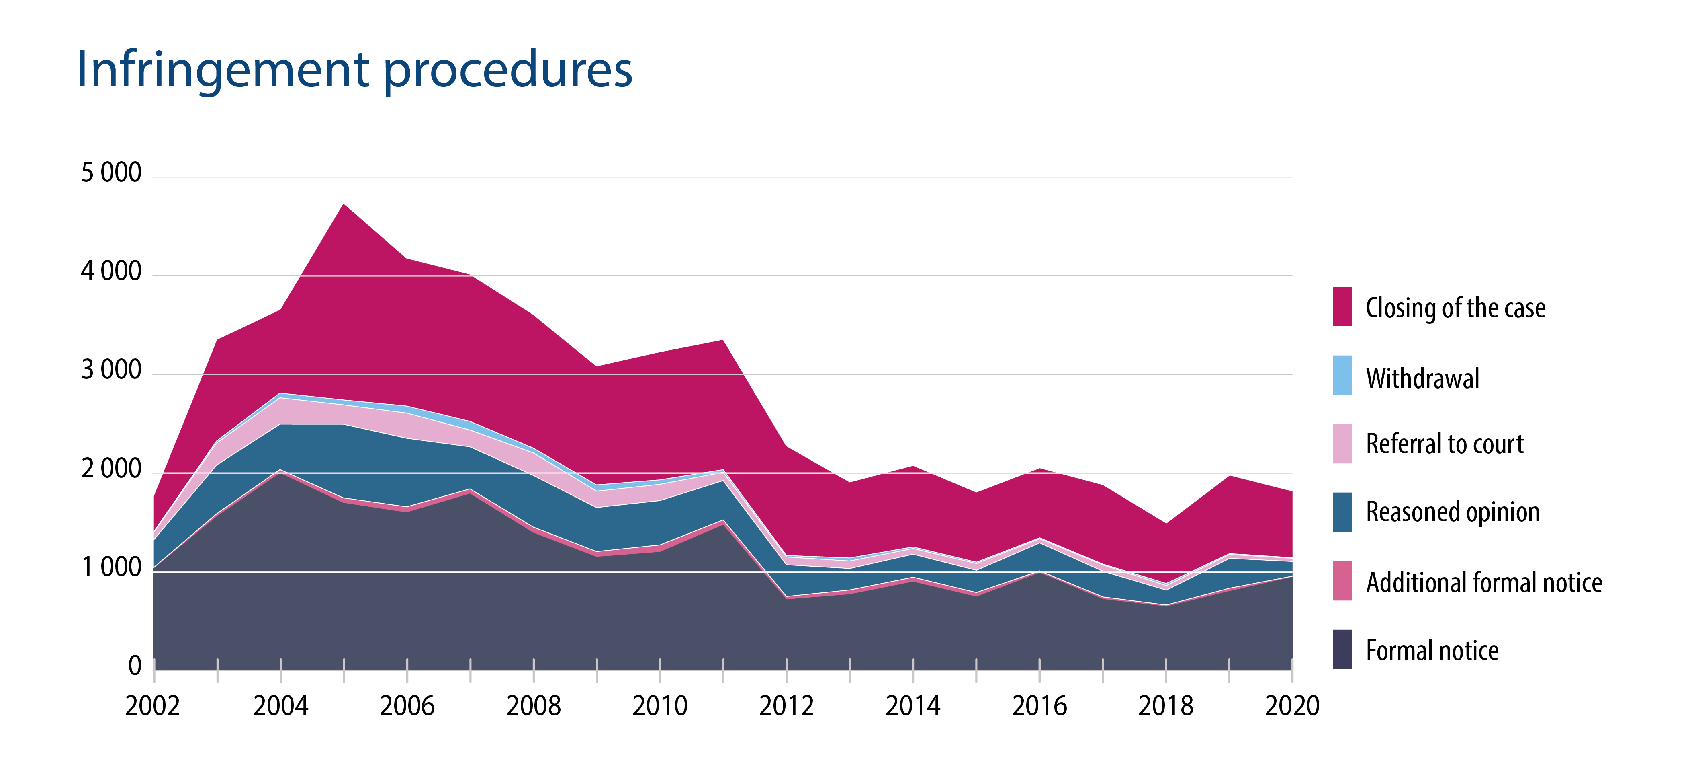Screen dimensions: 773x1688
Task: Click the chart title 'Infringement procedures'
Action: click(x=354, y=70)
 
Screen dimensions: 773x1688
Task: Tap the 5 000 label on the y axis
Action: click(x=111, y=173)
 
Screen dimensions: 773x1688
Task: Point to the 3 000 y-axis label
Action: click(x=111, y=370)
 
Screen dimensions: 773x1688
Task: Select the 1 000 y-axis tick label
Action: click(x=111, y=568)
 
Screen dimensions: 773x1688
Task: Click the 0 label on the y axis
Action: click(x=134, y=666)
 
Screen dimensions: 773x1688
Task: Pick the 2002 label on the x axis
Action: click(x=153, y=706)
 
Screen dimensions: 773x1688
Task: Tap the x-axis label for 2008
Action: click(x=533, y=706)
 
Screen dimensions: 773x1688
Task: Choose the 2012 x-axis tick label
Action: click(x=786, y=706)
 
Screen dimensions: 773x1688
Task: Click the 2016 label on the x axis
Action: click(x=1039, y=706)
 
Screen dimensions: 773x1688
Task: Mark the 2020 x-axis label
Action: click(x=1291, y=706)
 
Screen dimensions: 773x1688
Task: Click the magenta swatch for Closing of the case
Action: click(x=1342, y=306)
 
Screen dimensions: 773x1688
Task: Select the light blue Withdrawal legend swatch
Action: click(x=1342, y=375)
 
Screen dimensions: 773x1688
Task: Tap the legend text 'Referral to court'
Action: click(x=1444, y=444)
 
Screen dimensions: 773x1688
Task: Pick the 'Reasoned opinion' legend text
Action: click(x=1452, y=512)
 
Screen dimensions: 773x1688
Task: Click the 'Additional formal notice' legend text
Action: click(x=1483, y=582)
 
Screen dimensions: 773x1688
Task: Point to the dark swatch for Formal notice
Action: click(x=1342, y=649)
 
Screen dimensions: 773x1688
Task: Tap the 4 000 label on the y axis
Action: click(x=111, y=271)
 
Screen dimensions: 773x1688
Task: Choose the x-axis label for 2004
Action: click(x=280, y=706)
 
